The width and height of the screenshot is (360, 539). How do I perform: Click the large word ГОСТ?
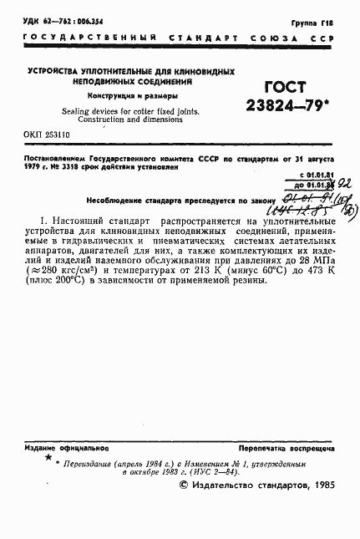(284, 88)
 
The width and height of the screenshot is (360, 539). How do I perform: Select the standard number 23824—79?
(285, 107)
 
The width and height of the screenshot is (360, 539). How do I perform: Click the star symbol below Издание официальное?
(48, 458)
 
